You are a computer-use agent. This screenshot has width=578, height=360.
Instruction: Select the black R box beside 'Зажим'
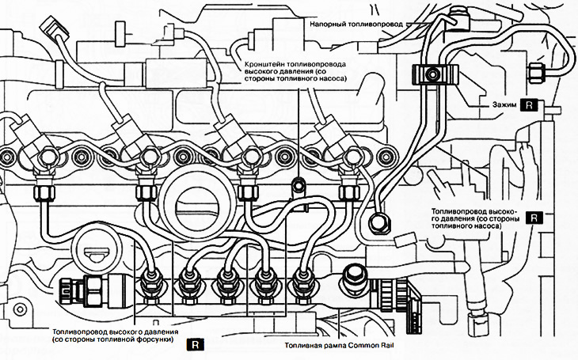pos(530,104)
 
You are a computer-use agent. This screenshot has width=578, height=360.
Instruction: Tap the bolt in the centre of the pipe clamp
pos(432,75)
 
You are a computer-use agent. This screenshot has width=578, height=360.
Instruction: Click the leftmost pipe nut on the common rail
pos(149,278)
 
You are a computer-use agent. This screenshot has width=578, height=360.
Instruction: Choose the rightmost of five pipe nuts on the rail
pos(301,278)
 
